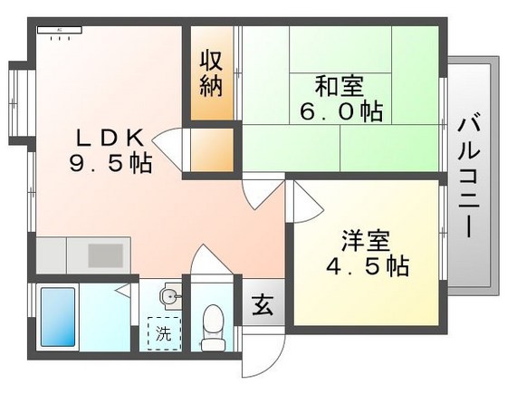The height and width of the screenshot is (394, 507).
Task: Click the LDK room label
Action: click(x=109, y=138)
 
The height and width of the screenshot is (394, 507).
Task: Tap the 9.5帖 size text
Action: click(x=110, y=164)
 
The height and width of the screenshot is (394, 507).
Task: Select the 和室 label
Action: click(x=339, y=87)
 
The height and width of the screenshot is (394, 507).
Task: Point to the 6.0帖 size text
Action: click(x=340, y=111)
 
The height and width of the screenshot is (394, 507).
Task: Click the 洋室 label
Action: click(x=365, y=242)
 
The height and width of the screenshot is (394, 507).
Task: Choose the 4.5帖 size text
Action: click(x=367, y=266)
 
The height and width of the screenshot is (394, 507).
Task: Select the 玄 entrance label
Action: click(x=263, y=304)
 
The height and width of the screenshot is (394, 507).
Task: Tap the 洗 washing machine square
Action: click(x=162, y=332)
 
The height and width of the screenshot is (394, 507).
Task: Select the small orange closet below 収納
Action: click(x=214, y=150)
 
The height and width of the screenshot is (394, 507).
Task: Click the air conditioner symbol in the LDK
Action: click(x=59, y=31)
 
